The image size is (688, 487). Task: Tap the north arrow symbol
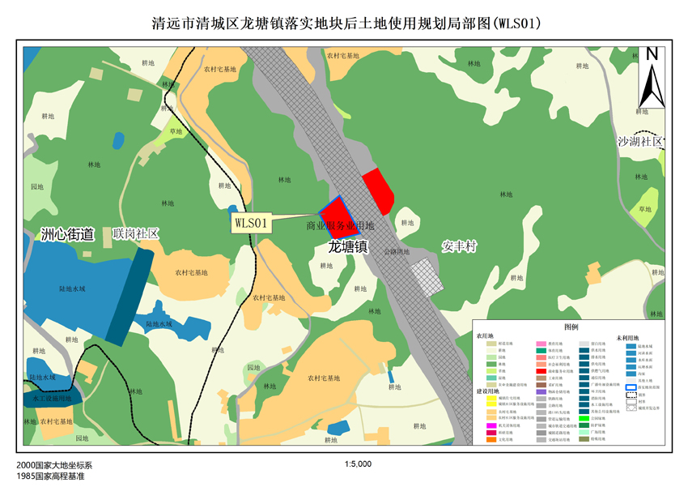pyautogui.click(x=652, y=77)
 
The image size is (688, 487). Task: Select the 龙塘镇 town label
pyautogui.click(x=348, y=246)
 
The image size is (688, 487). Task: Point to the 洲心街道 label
pyautogui.click(x=67, y=235)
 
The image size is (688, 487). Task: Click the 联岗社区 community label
pyautogui.click(x=136, y=233)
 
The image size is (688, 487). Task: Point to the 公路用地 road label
pyautogui.click(x=397, y=252)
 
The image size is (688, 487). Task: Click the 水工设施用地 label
pyautogui.click(x=52, y=399)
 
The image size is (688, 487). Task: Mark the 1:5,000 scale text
pyautogui.click(x=357, y=464)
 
